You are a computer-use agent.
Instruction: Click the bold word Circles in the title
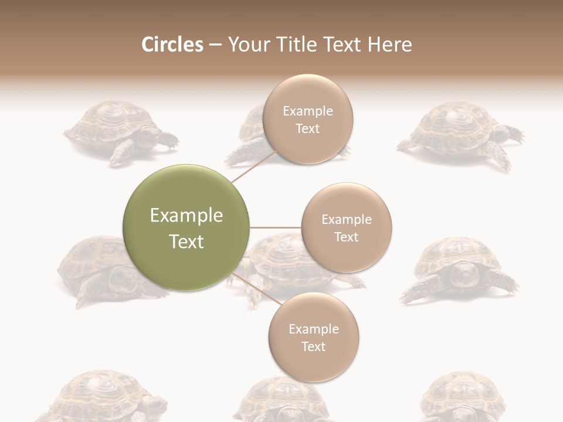(172, 45)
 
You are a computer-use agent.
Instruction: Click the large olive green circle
(186, 227)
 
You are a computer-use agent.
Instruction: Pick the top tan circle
(307, 119)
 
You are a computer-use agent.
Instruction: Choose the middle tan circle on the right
(346, 227)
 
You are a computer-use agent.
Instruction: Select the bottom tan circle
(313, 337)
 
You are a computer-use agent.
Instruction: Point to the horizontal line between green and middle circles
(275, 227)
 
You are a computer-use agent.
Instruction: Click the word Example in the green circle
(186, 216)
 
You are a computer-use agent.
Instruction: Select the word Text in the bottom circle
(313, 346)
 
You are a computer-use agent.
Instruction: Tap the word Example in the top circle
(307, 111)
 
